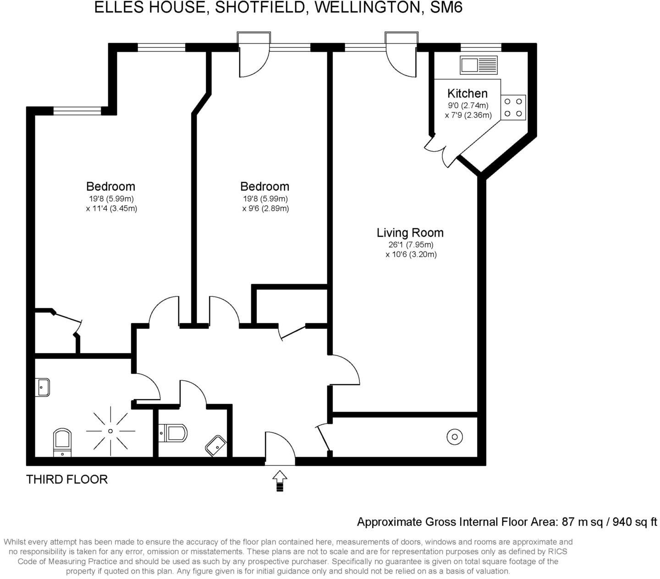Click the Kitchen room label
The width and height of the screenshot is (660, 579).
(467, 93)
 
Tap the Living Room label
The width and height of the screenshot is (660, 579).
(410, 233)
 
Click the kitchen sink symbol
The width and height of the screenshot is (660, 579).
(478, 65)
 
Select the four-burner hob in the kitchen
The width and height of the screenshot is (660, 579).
(513, 108)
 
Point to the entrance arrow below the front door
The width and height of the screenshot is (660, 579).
(280, 481)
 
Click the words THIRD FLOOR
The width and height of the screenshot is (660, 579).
(67, 480)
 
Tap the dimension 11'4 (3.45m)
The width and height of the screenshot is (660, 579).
(111, 208)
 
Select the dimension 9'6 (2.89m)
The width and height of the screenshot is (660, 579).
(265, 208)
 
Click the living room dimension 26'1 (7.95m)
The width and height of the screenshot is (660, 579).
(411, 245)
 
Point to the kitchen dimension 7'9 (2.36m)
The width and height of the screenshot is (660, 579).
(468, 115)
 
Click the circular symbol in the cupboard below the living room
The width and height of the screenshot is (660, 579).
(454, 437)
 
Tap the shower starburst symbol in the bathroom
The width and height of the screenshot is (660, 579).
(110, 431)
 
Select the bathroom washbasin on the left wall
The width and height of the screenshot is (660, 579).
(43, 388)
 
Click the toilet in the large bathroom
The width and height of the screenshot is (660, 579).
(62, 442)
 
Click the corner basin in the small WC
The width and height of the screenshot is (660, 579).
(215, 445)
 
